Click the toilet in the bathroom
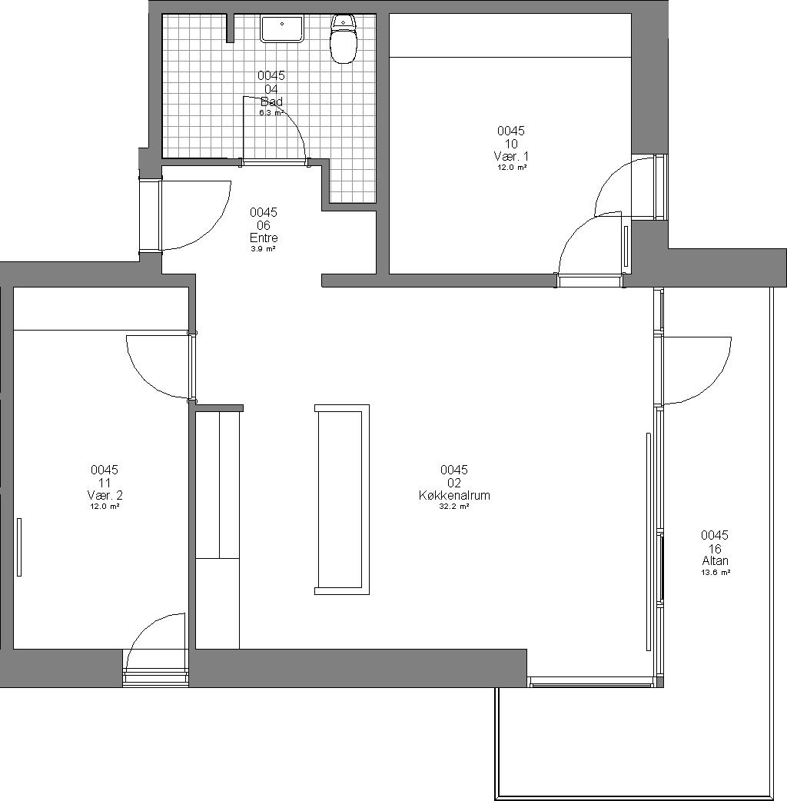click(343, 38)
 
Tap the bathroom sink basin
click(282, 28)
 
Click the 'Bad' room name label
click(271, 101)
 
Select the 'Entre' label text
click(264, 238)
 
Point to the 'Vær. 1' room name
click(511, 156)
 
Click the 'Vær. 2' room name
click(105, 495)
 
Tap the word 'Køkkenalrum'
click(454, 495)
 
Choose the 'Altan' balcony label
click(715, 561)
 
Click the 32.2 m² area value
click(454, 507)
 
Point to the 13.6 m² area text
click(715, 573)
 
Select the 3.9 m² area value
click(264, 249)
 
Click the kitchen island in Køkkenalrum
click(342, 500)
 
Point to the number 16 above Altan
click(715, 549)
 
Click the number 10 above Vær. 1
click(511, 144)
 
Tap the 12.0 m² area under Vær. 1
click(511, 168)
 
